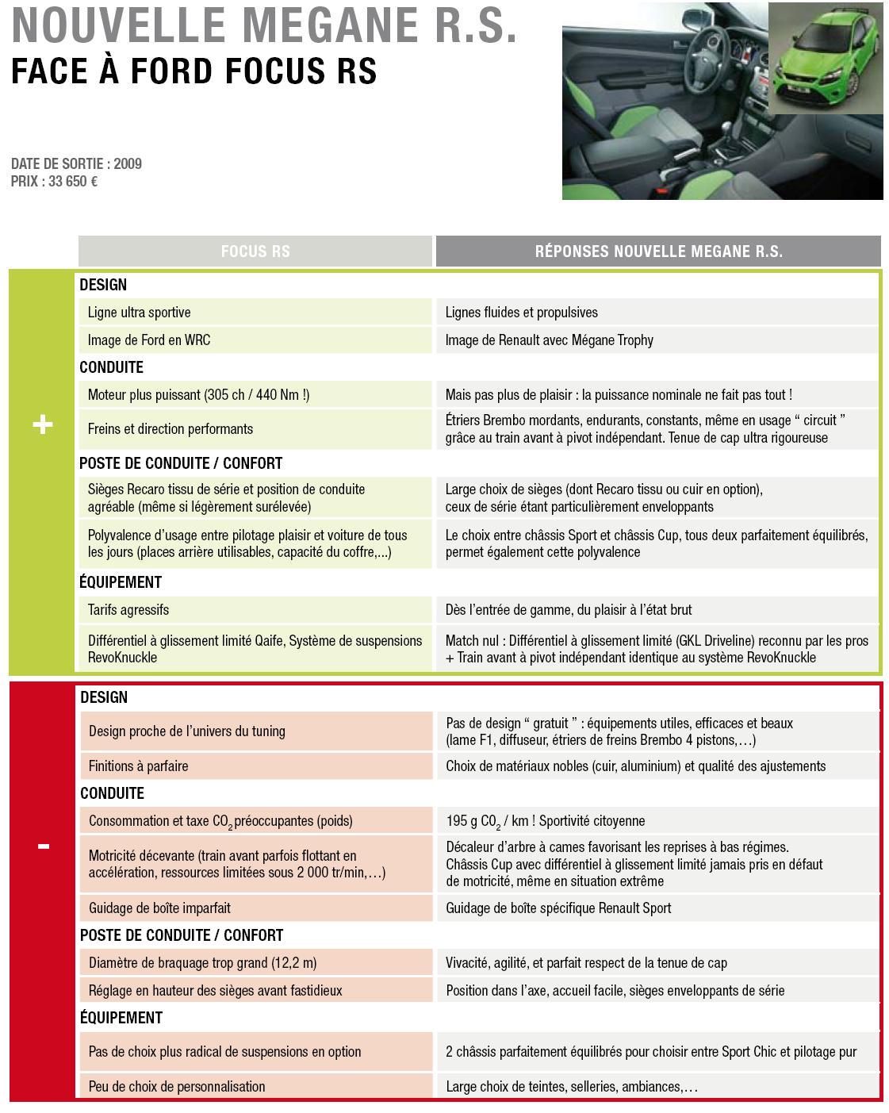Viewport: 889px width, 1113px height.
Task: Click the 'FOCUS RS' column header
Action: point(255,251)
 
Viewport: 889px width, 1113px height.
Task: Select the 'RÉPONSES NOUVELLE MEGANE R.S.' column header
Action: point(658,251)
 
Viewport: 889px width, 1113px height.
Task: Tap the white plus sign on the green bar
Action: point(42,425)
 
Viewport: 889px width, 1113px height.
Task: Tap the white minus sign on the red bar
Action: point(43,846)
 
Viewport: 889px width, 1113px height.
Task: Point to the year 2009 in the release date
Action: point(128,164)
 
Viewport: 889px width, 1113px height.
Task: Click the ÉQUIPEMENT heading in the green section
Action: point(121,582)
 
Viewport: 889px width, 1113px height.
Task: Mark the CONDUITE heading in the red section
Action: point(112,793)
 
